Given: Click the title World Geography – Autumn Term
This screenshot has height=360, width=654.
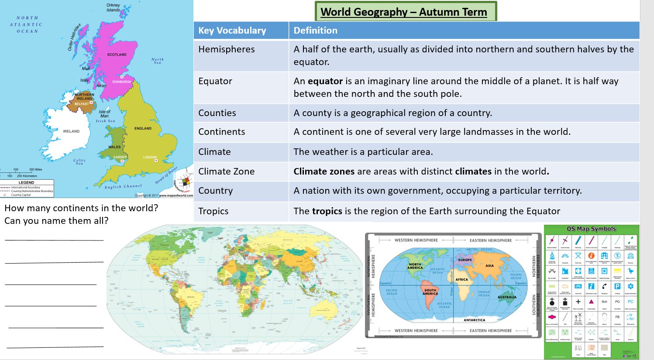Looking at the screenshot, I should coord(403,12).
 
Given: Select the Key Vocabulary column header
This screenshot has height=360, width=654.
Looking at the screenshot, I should coord(232,31).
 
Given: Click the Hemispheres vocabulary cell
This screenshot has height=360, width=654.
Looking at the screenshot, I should coord(226,49).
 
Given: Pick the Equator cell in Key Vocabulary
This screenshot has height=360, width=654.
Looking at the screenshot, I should coord(215,81).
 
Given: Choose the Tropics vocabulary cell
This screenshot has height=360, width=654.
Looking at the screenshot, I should coord(213,211).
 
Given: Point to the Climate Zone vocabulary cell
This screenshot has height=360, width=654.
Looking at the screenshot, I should coord(226,171).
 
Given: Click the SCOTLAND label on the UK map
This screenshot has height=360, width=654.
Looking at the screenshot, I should coord(117,55).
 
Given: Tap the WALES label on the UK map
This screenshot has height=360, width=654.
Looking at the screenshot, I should coord(114,147).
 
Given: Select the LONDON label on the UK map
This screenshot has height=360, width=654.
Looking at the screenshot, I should coord(150,157).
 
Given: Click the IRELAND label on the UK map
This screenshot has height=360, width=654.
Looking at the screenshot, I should coord(71,131).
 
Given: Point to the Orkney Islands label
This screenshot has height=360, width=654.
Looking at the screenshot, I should coord(113,7).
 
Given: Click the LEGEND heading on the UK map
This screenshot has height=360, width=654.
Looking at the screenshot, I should coord(26,182).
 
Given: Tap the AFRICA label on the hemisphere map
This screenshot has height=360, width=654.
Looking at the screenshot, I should coord(461,279).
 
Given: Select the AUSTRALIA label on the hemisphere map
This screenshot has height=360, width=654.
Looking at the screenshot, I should coord(507,297).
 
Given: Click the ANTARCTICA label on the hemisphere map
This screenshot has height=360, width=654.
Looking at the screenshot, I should coord(474,320).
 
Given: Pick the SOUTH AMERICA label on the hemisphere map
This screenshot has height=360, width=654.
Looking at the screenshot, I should coord(430,292).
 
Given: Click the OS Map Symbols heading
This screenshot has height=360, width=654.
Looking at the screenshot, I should coord(591,229).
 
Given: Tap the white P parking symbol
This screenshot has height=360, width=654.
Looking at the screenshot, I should coord(617,286).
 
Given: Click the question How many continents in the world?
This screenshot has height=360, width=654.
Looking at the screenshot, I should coord(81,208).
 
